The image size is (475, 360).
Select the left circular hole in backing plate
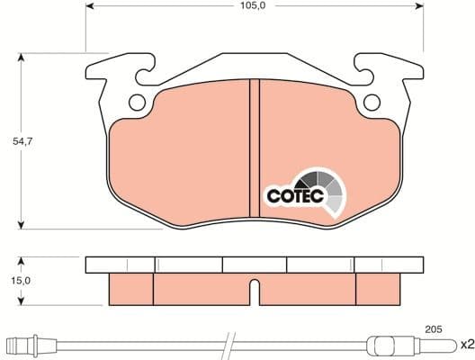coord(137,103)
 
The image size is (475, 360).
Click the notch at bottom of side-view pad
coord(255,292)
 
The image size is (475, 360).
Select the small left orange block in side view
coord(131,288)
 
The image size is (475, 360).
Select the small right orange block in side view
coord(379,288)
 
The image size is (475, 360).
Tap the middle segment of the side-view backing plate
coord(255,265)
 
